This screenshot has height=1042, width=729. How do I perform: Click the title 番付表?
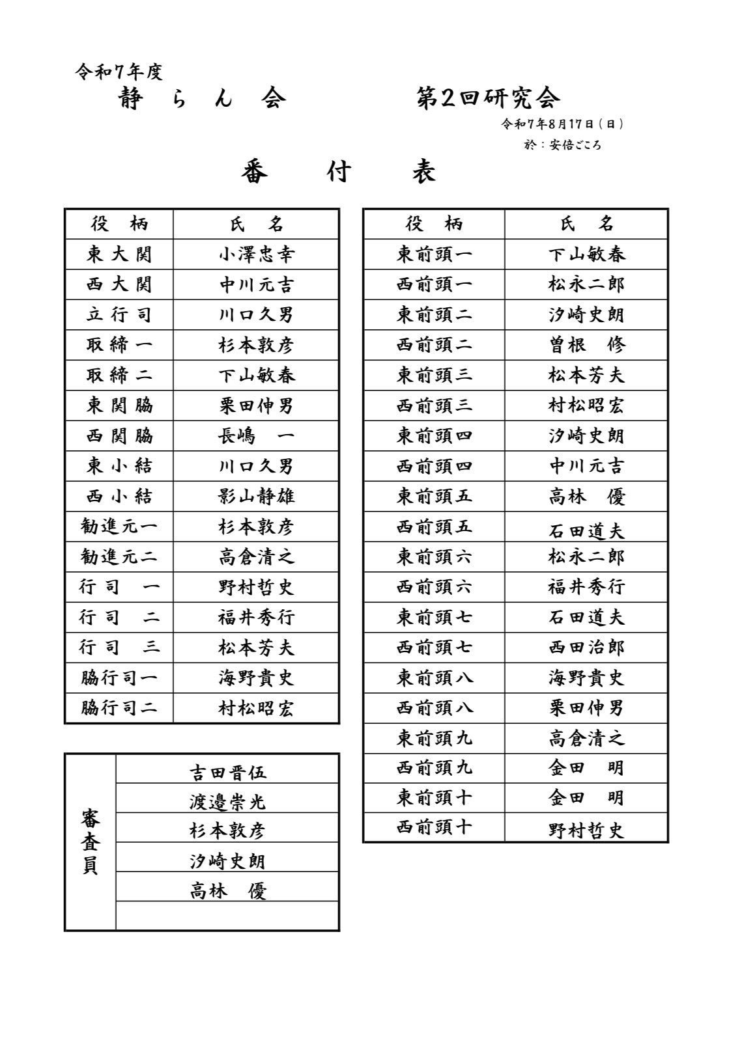338,172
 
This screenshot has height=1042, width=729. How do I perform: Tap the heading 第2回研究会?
488,98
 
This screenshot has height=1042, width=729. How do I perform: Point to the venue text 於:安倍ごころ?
562,144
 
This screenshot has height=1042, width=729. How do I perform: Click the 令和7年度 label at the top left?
119,72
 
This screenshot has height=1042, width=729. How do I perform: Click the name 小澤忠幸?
256,254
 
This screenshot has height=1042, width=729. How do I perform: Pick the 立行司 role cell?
119,315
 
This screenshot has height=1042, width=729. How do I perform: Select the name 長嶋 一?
256,436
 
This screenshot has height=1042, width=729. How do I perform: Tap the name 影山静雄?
256,497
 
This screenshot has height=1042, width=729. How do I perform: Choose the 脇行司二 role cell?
119,708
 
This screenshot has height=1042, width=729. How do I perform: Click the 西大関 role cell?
119,284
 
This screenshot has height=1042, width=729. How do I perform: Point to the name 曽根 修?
586,345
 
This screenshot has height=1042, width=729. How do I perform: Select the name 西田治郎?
586,648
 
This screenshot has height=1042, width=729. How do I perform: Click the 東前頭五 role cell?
435,497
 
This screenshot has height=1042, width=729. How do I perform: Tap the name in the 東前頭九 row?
586,738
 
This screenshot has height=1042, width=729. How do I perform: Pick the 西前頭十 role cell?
435,828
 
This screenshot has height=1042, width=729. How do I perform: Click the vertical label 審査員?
91,842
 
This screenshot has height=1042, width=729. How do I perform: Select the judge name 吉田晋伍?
227,773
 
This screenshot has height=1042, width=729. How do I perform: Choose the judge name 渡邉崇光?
227,802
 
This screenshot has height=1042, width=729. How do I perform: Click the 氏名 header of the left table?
256,225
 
